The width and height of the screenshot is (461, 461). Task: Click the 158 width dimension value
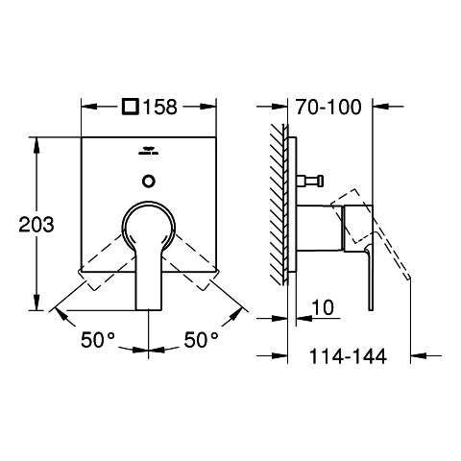(159, 107)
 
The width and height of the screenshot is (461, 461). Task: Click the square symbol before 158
(131, 107)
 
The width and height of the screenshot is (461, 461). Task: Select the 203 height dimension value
(36, 225)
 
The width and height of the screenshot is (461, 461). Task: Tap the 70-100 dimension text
(328, 107)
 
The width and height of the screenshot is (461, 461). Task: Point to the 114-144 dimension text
(348, 356)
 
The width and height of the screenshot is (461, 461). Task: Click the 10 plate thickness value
(323, 307)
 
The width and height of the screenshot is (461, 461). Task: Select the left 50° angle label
(98, 340)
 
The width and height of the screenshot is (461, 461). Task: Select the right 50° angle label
(201, 340)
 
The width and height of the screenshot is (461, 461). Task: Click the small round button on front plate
(149, 182)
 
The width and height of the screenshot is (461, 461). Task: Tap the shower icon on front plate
(148, 151)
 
